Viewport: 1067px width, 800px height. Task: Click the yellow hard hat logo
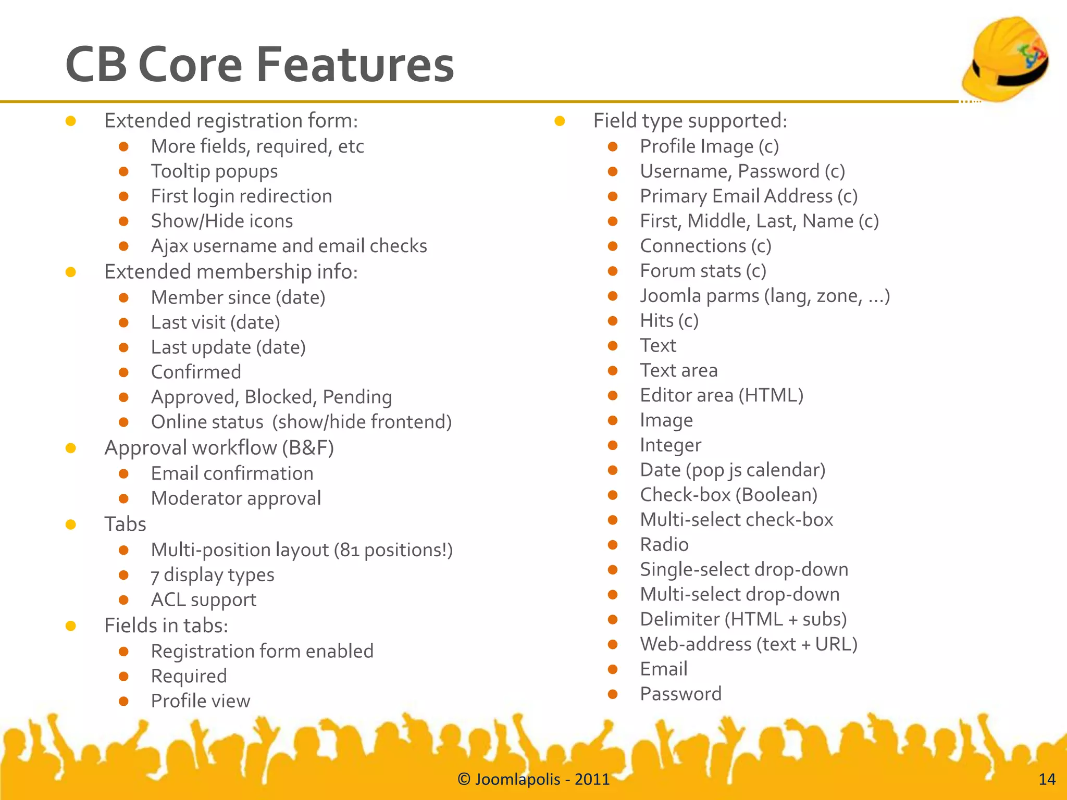[1006, 58]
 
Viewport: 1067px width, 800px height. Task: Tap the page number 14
[1047, 779]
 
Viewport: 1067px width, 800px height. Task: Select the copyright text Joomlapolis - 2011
[533, 779]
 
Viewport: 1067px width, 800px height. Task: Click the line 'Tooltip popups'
[214, 171]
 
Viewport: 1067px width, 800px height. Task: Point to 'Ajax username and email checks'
[289, 246]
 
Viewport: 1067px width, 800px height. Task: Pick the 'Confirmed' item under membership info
[196, 372]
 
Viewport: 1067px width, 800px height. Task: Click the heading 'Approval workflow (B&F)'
[219, 448]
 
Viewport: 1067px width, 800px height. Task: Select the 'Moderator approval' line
[235, 498]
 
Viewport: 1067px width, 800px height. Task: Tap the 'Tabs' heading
[125, 524]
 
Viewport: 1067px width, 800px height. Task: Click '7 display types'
[212, 575]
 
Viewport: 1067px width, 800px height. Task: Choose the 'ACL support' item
[203, 600]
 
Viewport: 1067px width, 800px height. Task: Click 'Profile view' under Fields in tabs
[201, 701]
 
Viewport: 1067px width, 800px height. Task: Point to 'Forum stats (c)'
[703, 271]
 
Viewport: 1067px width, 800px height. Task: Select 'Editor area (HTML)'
[722, 395]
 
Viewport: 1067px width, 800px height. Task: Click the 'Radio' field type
[664, 545]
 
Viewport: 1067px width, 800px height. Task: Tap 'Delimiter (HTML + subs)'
[743, 619]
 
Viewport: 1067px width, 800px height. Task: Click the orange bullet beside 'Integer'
[613, 445]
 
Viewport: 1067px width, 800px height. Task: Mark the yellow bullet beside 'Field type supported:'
[560, 121]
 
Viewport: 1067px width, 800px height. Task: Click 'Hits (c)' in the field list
[669, 321]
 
